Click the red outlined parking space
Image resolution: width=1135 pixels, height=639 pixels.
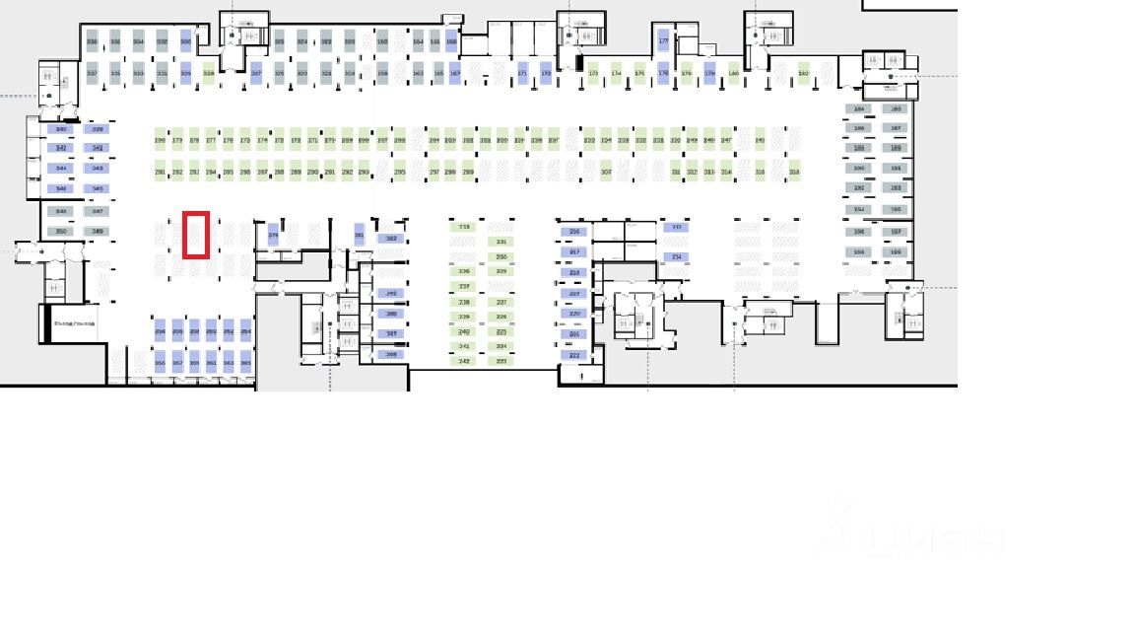[195, 235]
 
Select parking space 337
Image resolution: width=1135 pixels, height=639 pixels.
[92, 73]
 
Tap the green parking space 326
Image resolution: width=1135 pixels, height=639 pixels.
[208, 73]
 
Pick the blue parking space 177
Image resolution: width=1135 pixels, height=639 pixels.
[663, 40]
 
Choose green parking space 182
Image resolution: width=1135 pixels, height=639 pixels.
[803, 73]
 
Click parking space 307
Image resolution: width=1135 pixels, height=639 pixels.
[606, 172]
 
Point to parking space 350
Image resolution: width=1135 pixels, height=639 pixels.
[61, 232]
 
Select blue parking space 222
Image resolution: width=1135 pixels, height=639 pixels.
[574, 355]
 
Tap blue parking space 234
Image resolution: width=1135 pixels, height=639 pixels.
[676, 257]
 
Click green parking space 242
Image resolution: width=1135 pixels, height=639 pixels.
[464, 361]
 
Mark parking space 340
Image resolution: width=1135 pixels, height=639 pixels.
[61, 129]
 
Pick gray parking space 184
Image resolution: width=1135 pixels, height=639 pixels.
[858, 109]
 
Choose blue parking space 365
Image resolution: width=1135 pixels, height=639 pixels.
[245, 363]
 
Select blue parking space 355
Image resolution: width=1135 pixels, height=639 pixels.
[160, 363]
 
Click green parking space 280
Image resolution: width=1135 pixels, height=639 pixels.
[160, 140]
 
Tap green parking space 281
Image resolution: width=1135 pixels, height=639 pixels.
[160, 172]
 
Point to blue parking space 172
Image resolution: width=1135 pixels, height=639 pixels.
[546, 73]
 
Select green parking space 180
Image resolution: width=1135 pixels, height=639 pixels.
[733, 73]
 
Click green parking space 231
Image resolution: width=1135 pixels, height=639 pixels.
[501, 242]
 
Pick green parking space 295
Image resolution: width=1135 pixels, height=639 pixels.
[399, 172]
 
